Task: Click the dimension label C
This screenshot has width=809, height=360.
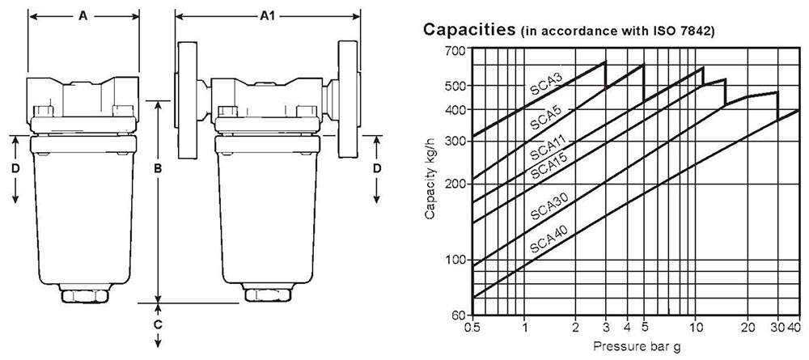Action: (159, 324)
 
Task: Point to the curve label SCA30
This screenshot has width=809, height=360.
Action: (548, 208)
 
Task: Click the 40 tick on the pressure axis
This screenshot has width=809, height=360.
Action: (794, 328)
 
